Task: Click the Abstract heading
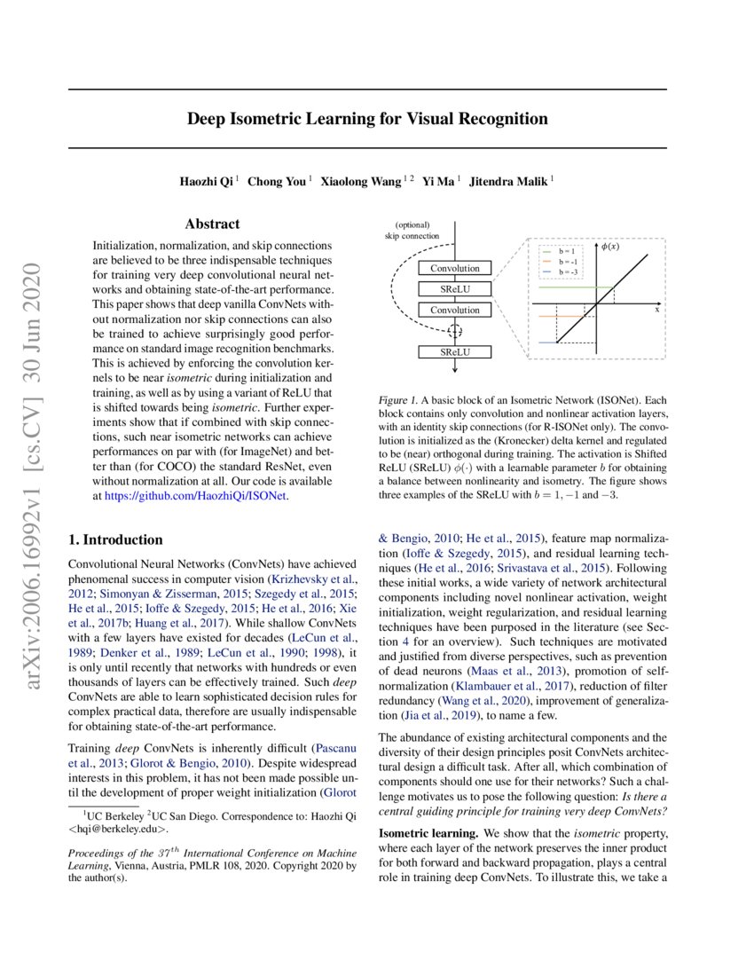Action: pyautogui.click(x=212, y=224)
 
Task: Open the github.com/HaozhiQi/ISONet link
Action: pyautogui.click(x=196, y=496)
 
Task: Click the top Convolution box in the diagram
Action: pyautogui.click(x=454, y=268)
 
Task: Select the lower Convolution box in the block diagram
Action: pyautogui.click(x=454, y=311)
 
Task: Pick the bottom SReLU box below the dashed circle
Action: pyautogui.click(x=454, y=352)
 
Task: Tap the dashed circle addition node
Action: pyautogui.click(x=454, y=331)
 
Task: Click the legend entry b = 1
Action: pyautogui.click(x=568, y=252)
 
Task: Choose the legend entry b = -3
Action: pyautogui.click(x=569, y=272)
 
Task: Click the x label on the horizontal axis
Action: pyautogui.click(x=657, y=310)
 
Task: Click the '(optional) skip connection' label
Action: pyautogui.click(x=412, y=231)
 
